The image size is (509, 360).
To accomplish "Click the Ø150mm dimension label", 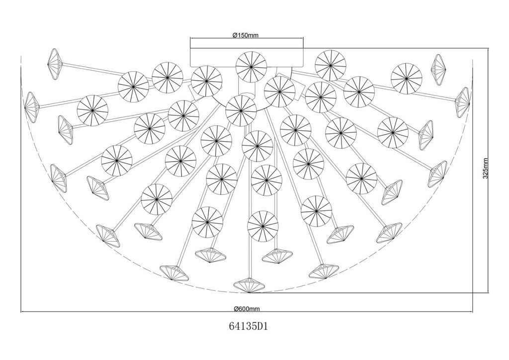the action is click(246, 35).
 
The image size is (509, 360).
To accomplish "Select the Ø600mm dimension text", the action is click(247, 309).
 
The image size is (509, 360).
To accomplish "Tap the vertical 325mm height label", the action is click(486, 169).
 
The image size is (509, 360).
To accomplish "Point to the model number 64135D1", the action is click(249, 326).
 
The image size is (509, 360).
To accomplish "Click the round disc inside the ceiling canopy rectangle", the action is click(251, 67).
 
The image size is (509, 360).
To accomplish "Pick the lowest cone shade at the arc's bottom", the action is click(249, 285).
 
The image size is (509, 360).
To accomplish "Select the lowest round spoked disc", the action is click(262, 226).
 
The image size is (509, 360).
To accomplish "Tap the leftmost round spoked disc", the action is click(92, 110).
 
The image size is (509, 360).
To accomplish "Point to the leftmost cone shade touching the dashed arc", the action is click(31, 107).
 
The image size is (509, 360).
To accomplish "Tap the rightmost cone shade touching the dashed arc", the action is click(463, 102).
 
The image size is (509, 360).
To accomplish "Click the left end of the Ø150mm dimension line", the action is click(190, 38).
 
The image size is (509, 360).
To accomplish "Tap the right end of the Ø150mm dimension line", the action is click(304, 38).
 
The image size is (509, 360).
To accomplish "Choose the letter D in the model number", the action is click(260, 326).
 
